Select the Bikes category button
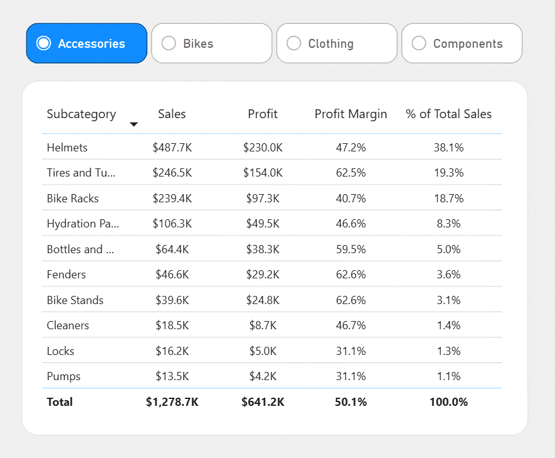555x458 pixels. [212, 43]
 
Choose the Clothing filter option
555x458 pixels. [337, 43]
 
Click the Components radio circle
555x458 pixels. [419, 43]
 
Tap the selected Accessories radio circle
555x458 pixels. [43, 43]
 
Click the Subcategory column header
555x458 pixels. [82, 114]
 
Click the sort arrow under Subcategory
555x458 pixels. [134, 124]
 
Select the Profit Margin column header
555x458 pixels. [351, 114]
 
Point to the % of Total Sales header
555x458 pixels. [448, 114]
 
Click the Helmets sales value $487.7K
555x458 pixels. [172, 148]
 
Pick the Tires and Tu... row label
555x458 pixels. [81, 173]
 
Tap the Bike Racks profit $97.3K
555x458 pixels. [263, 198]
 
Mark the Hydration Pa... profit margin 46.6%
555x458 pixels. [351, 224]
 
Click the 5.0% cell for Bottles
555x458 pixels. [448, 249]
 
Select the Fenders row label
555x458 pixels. [66, 275]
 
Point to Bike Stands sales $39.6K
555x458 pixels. [172, 300]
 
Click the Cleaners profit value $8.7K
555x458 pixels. [263, 325]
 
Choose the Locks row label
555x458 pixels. [61, 351]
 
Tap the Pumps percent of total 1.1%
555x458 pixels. [448, 376]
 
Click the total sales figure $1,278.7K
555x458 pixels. [172, 402]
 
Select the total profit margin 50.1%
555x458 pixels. [351, 402]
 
